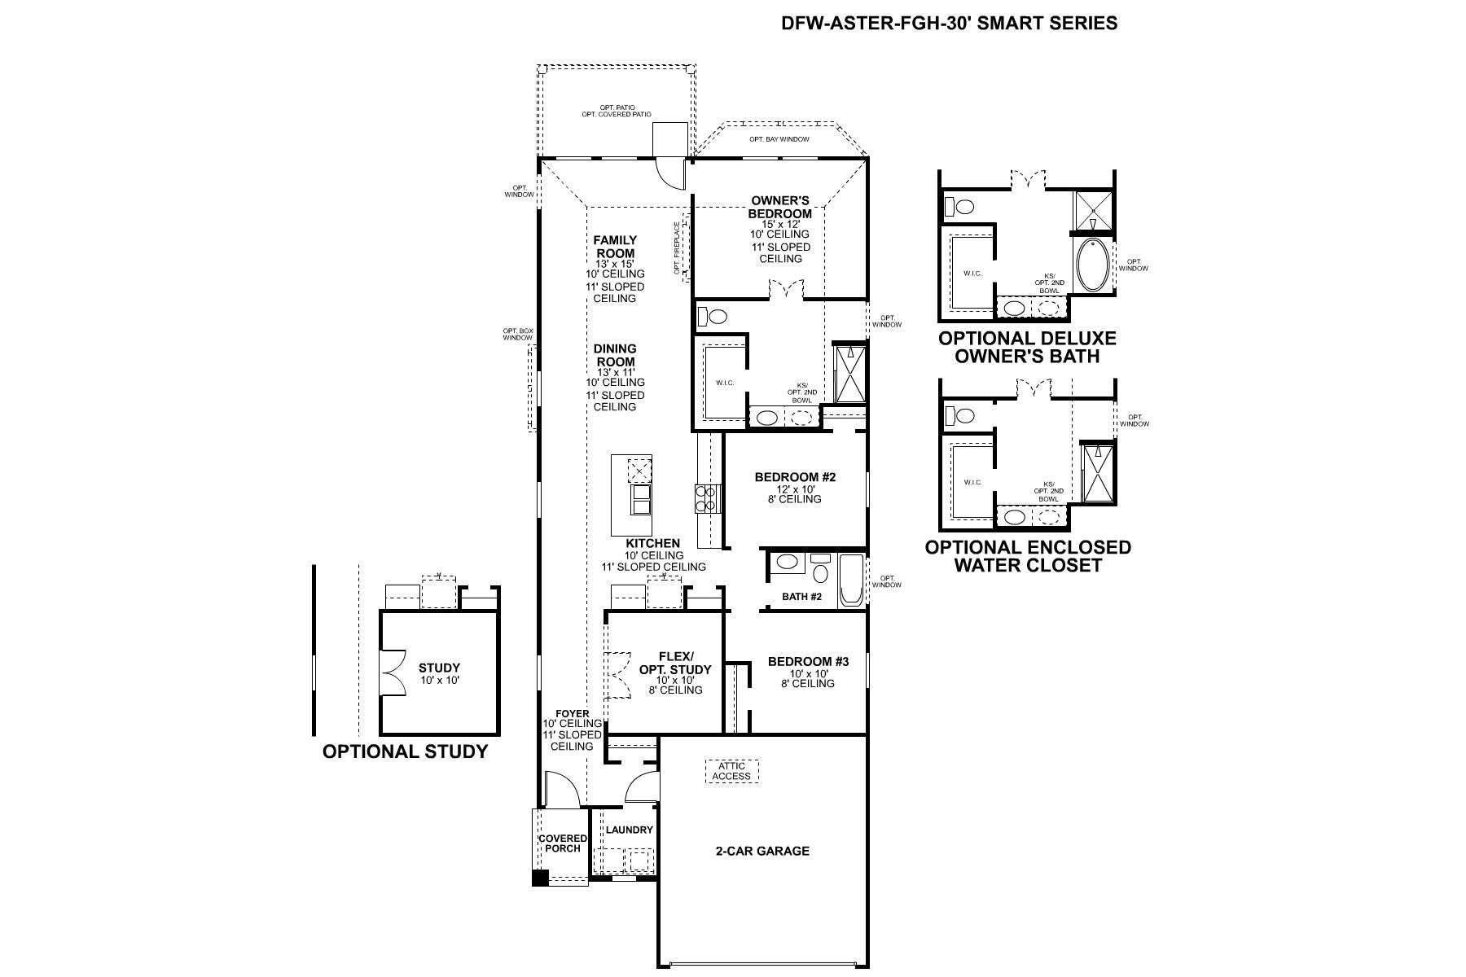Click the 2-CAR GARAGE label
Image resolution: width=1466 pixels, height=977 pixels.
pyautogui.click(x=762, y=851)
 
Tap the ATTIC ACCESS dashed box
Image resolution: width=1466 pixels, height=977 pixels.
pyautogui.click(x=731, y=771)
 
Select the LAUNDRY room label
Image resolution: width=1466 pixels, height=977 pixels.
pyautogui.click(x=630, y=830)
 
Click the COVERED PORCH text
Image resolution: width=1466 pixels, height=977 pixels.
pyautogui.click(x=562, y=843)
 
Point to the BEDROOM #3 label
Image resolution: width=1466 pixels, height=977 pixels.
pyautogui.click(x=808, y=662)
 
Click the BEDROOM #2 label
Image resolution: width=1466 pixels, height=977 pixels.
pyautogui.click(x=795, y=477)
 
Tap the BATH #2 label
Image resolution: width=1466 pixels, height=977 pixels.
pyautogui.click(x=801, y=597)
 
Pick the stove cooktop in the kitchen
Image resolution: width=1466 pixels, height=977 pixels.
pyautogui.click(x=706, y=497)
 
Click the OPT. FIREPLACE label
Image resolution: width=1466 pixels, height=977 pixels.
pyautogui.click(x=677, y=248)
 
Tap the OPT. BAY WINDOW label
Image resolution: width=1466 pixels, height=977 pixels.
pyautogui.click(x=779, y=139)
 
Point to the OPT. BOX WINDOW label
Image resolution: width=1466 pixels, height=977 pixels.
pyautogui.click(x=518, y=334)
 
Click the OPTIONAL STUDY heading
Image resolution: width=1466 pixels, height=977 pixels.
pyautogui.click(x=405, y=751)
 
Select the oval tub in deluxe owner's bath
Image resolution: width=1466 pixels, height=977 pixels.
pyautogui.click(x=1091, y=265)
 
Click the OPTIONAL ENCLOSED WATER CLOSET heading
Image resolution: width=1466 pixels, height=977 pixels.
pyautogui.click(x=1027, y=556)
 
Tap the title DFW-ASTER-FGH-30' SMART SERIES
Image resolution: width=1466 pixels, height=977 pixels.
pyautogui.click(x=949, y=23)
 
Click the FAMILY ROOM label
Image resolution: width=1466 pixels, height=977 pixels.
pyautogui.click(x=615, y=247)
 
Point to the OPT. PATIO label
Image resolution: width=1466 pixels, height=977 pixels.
pyautogui.click(x=617, y=107)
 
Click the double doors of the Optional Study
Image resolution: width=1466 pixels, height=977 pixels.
pyautogui.click(x=394, y=672)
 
